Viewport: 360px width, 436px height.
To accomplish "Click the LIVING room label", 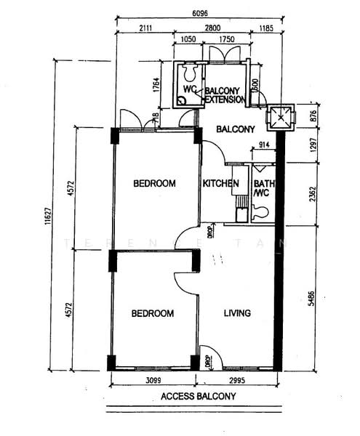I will [237, 313].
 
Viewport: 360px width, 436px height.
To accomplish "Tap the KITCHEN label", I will [220, 183].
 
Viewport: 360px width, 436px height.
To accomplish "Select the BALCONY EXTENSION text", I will [227, 94].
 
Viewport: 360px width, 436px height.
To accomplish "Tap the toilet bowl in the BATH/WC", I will [261, 211].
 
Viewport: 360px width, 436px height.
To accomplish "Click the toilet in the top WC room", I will [191, 72].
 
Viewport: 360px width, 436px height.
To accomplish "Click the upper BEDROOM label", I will [154, 183].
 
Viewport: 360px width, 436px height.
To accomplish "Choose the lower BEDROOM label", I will [152, 313].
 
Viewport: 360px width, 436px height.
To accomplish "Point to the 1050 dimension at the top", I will [188, 40].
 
